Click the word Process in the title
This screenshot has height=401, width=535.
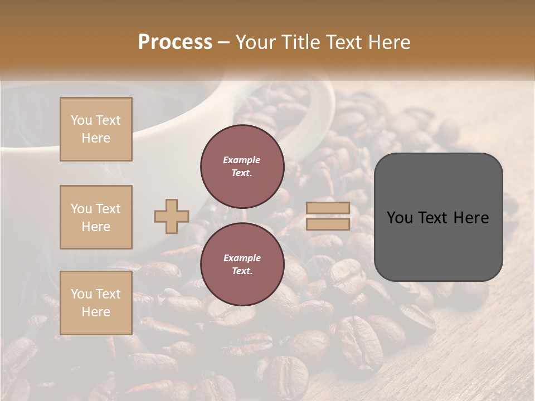[175, 42]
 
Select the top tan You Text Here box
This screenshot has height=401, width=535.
[96, 129]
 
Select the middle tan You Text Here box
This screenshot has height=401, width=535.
[96, 217]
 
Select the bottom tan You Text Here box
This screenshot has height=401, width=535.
[96, 303]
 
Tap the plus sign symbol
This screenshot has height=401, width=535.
[172, 216]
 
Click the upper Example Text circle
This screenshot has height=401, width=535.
[242, 167]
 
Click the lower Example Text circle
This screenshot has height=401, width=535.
[242, 265]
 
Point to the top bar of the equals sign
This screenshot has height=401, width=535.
[328, 208]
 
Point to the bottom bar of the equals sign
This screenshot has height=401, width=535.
[328, 224]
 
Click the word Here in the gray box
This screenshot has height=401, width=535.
[471, 218]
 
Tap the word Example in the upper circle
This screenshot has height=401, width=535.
[242, 160]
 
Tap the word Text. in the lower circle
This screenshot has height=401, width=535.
[242, 271]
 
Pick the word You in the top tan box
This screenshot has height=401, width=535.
[81, 120]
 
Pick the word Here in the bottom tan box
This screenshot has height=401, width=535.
[96, 312]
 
